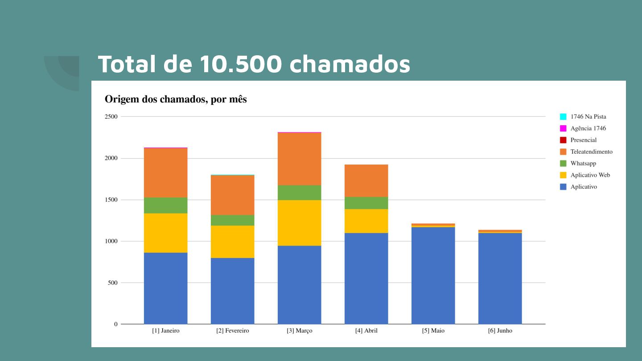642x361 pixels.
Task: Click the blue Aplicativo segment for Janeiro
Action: [165, 288]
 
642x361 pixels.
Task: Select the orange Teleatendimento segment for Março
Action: [299, 159]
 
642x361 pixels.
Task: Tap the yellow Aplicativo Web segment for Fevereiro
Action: [232, 242]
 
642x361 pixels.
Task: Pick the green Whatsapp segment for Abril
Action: [366, 203]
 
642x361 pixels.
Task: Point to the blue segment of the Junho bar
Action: [500, 278]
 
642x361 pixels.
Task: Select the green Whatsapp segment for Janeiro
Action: [165, 205]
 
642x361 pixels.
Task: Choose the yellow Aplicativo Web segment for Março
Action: [299, 223]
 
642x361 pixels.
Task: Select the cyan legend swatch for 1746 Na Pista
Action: [563, 117]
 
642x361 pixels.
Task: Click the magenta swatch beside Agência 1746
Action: [563, 128]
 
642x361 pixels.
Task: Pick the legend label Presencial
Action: [583, 140]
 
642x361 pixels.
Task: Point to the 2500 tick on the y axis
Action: [111, 117]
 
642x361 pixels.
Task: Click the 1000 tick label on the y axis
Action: [111, 241]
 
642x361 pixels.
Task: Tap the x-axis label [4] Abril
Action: [366, 331]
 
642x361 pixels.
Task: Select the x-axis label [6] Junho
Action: [500, 331]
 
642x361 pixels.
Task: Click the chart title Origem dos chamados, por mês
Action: [176, 99]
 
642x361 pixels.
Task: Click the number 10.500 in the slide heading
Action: [241, 64]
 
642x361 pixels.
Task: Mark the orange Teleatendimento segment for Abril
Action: [366, 180]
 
